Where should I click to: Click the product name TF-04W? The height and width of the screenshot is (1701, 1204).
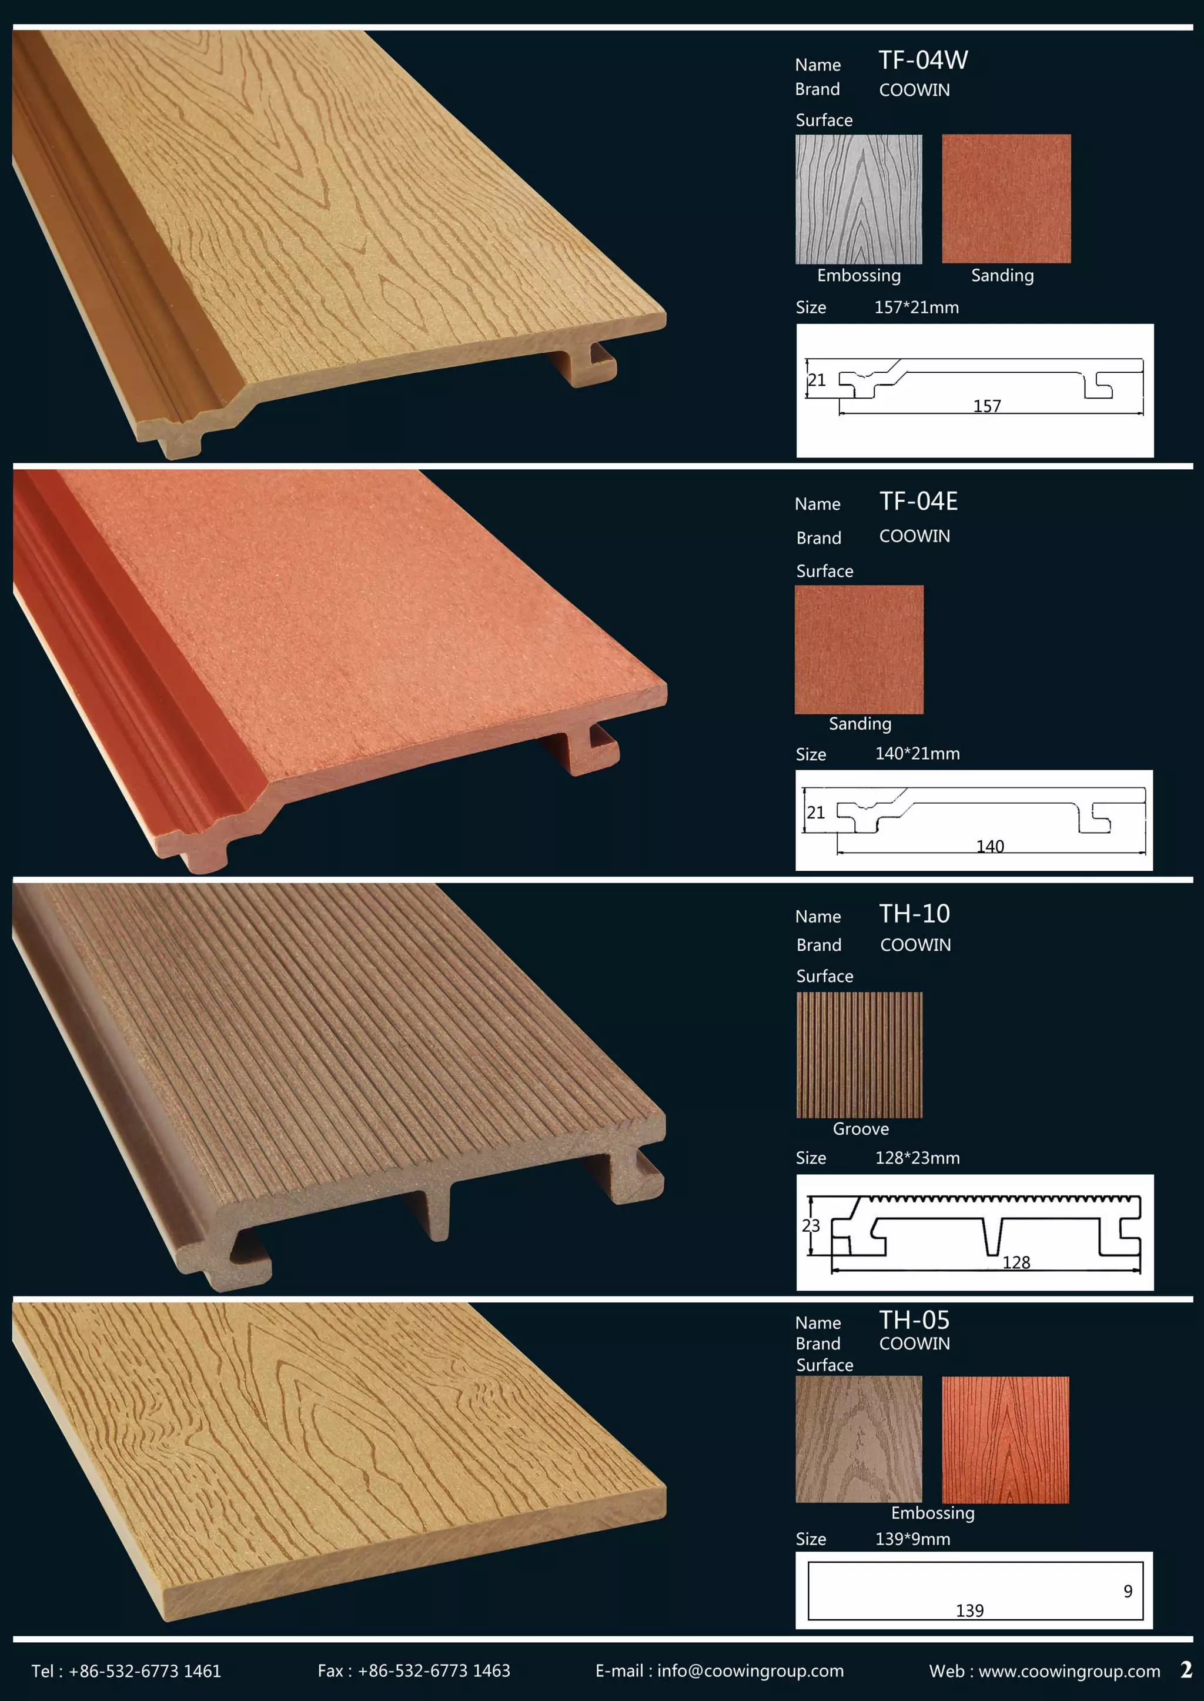coord(923,60)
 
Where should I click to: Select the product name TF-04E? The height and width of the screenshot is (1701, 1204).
coord(918,502)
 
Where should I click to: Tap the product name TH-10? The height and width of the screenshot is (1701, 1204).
coord(914,914)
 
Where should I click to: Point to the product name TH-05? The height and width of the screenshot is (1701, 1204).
coord(914,1320)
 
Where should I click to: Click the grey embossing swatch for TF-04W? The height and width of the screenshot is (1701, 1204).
coord(858,199)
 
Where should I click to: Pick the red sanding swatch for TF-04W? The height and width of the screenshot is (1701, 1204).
coord(1006,199)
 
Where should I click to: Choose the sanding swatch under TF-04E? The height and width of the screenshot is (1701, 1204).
coord(858,650)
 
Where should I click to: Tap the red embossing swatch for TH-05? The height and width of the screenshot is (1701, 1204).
coord(1005,1440)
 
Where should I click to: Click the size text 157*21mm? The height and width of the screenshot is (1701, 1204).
coord(917,307)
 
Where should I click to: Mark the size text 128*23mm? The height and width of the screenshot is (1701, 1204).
coord(917,1158)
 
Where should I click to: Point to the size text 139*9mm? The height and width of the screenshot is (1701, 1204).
coord(912,1539)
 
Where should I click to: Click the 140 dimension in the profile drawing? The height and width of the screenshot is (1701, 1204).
coord(990,846)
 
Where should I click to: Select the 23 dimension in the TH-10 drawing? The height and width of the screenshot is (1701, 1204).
coord(811,1225)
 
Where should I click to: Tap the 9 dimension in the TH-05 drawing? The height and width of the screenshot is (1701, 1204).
coord(1128,1591)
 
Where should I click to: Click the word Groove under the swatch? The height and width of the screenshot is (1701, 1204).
coord(861,1128)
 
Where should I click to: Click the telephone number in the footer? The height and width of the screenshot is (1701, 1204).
coord(145,1670)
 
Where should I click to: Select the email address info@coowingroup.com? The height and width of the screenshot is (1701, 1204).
coord(750,1670)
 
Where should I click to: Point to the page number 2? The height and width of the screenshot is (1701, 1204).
coord(1185,1669)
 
